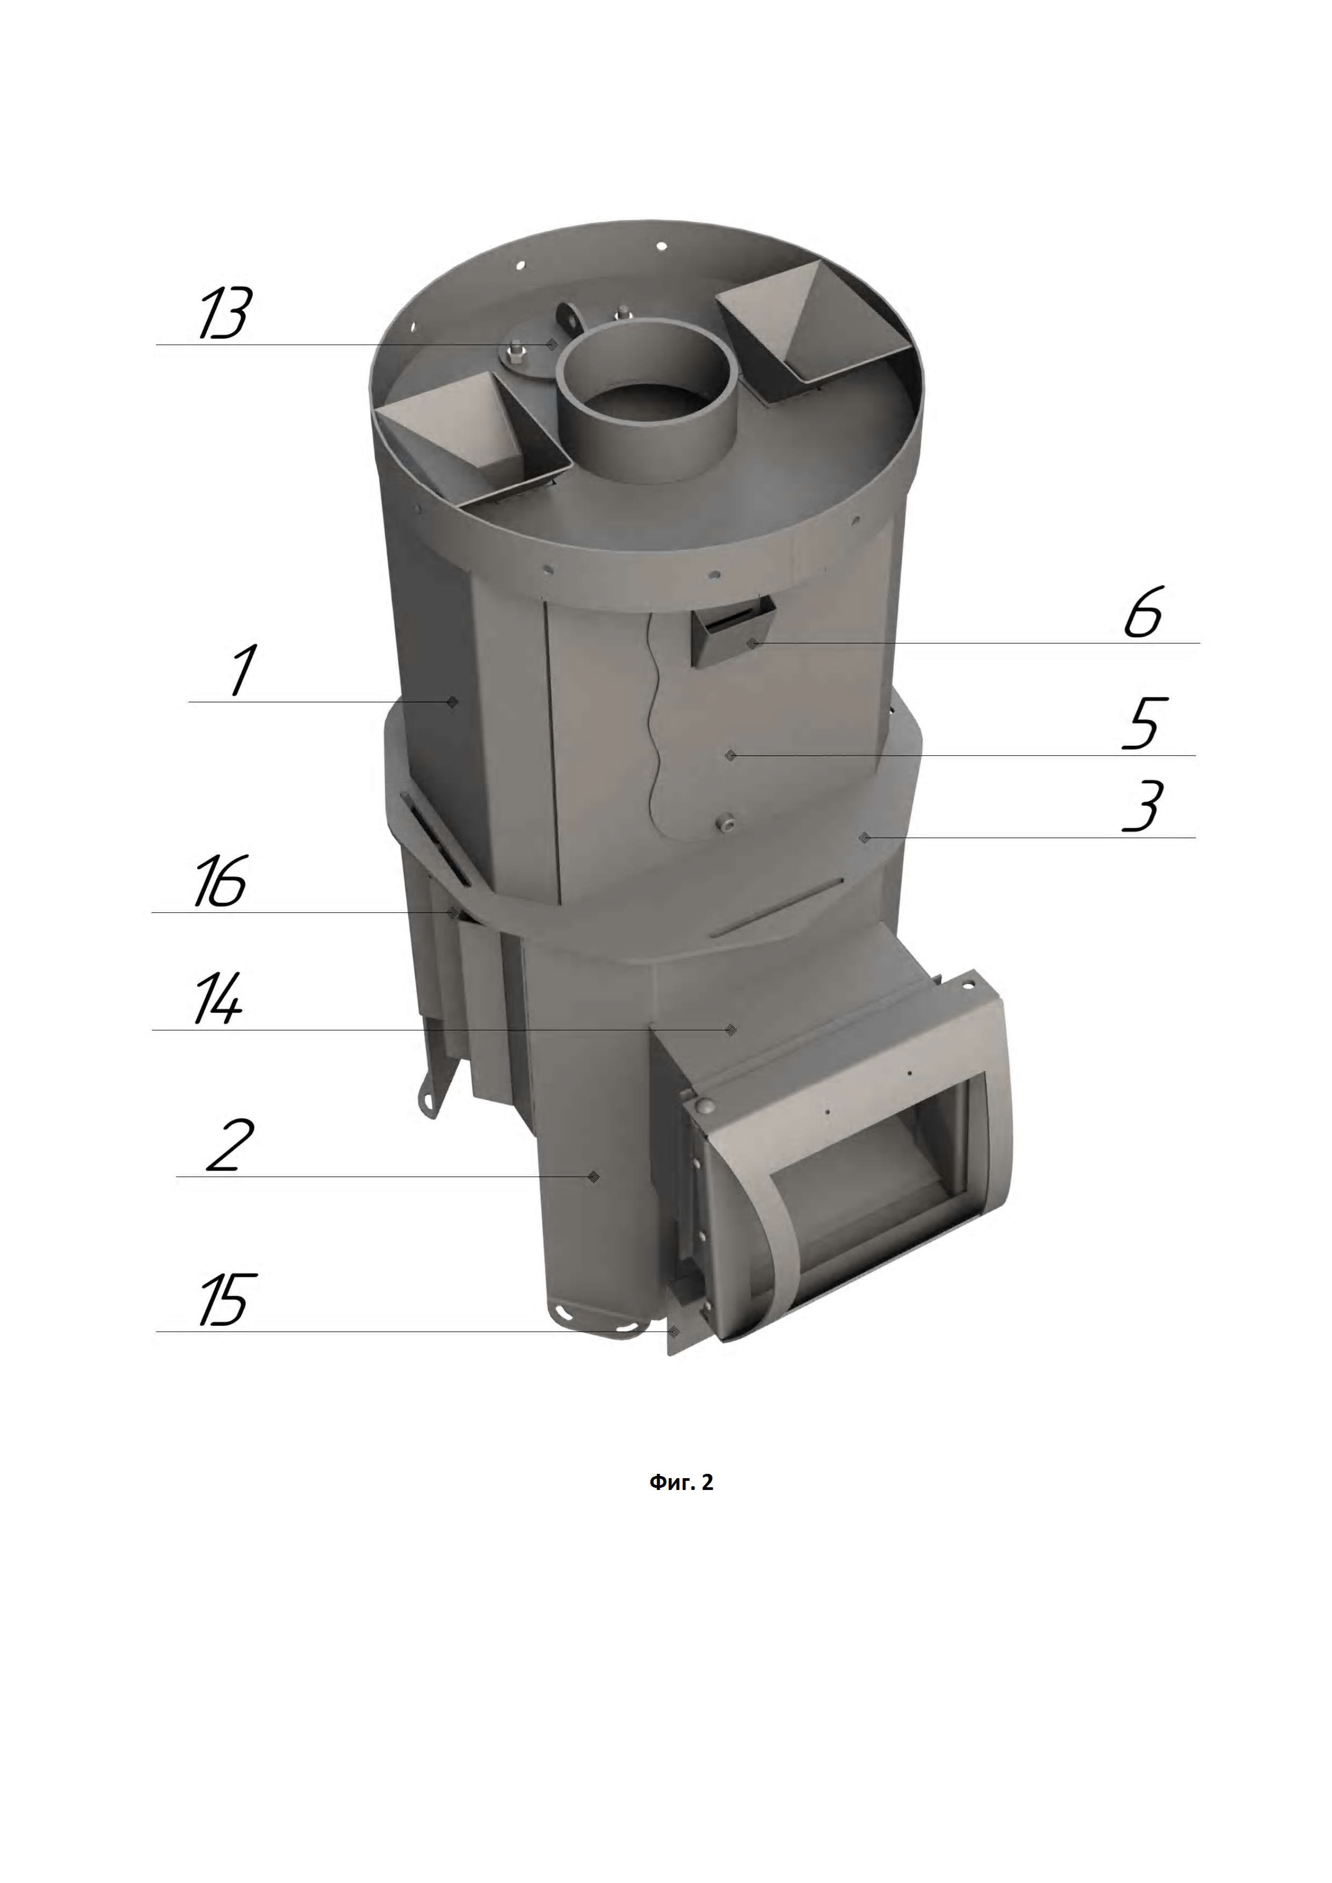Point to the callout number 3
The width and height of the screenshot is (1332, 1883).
(1142, 806)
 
